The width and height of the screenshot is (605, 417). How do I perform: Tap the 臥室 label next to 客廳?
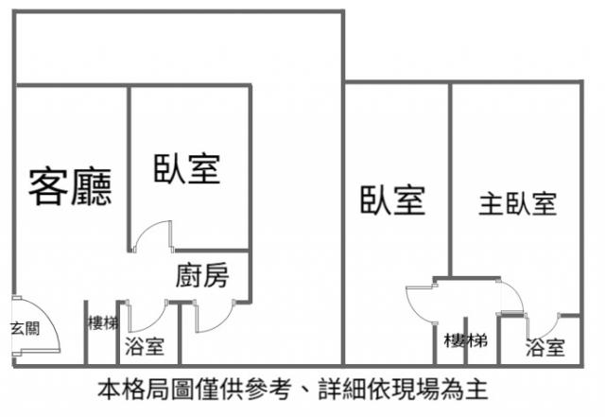tap(187, 169)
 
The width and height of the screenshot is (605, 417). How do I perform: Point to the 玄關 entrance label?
tap(25, 329)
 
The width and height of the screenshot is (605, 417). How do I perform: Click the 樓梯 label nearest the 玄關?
tap(101, 321)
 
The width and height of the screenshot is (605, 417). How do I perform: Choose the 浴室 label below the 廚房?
tap(145, 347)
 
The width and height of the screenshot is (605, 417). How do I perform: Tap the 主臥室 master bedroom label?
tap(517, 203)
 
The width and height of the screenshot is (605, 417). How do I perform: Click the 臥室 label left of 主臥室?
tap(391, 200)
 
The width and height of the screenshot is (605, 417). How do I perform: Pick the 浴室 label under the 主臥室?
tap(545, 348)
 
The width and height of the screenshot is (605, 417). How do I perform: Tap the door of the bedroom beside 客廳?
tap(153, 236)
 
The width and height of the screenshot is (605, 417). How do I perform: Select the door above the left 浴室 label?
tap(146, 316)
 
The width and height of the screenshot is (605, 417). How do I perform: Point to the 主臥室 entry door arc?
tap(511, 298)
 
